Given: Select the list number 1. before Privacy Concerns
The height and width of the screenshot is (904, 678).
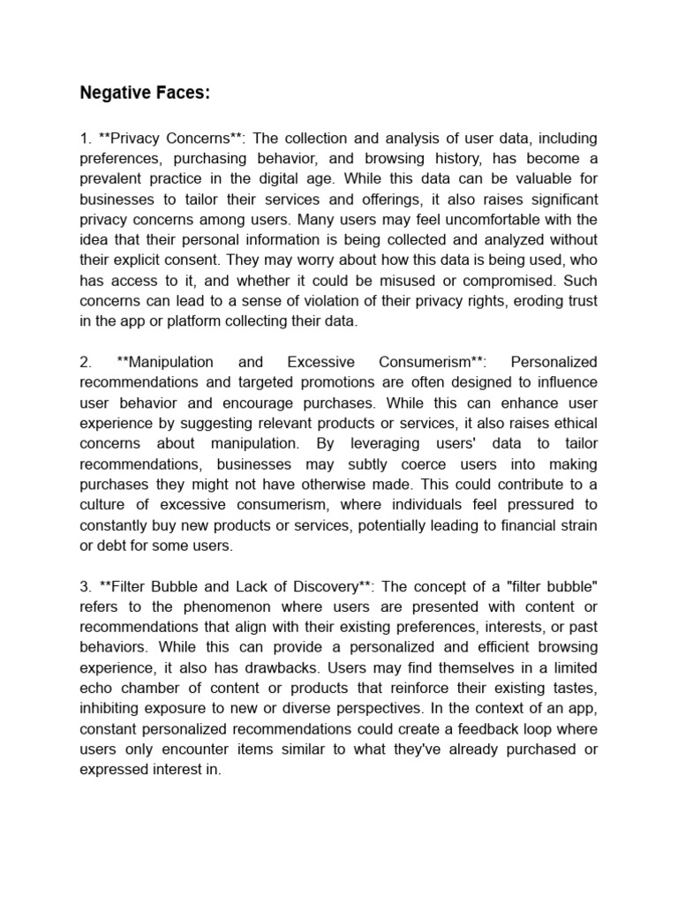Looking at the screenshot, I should (86, 139).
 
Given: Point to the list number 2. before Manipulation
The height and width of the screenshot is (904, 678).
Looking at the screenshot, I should (86, 362).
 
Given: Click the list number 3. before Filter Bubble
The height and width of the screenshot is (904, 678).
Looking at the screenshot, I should (86, 586).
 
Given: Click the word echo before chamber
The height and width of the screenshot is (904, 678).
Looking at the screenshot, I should (96, 688).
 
